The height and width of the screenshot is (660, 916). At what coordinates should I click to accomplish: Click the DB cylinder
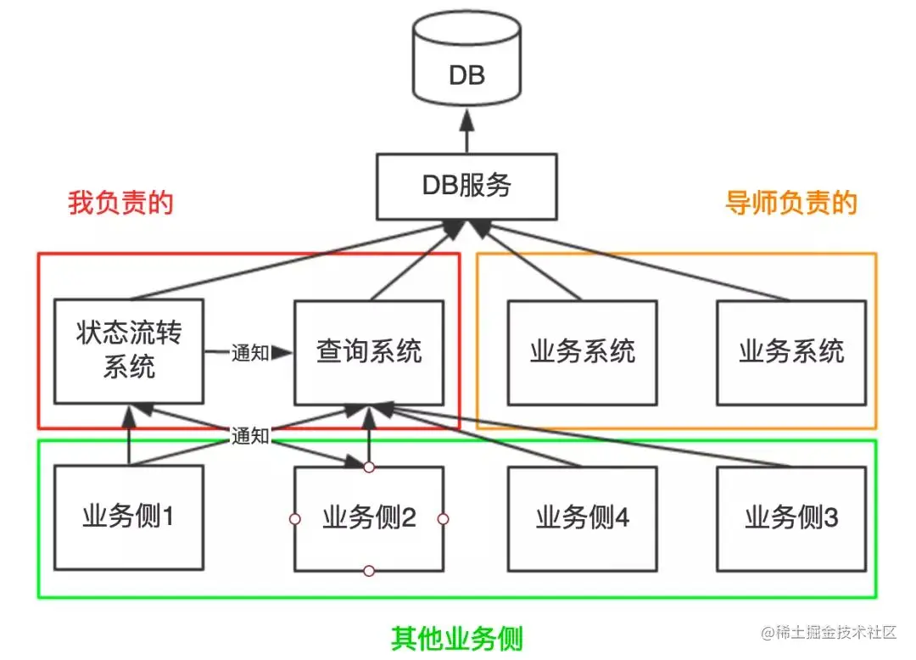click(x=466, y=64)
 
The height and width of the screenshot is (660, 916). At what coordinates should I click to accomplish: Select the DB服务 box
click(x=466, y=185)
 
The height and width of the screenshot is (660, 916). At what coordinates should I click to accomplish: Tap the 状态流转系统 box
click(x=129, y=351)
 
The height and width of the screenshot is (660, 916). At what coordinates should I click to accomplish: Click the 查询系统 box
click(x=369, y=351)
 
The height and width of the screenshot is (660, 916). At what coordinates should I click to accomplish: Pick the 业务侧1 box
click(x=129, y=517)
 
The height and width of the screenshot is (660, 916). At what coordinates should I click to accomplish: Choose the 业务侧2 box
click(x=369, y=518)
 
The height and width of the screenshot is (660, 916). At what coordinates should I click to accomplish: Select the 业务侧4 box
click(x=582, y=517)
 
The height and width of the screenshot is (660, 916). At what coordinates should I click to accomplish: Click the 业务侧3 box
click(x=790, y=517)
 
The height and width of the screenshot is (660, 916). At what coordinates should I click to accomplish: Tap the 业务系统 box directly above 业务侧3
click(x=790, y=351)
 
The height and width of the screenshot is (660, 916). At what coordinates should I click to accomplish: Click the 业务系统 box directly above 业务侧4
click(x=582, y=351)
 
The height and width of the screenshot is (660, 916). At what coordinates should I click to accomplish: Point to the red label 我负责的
click(x=120, y=204)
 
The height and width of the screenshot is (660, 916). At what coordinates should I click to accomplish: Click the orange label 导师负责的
click(x=790, y=204)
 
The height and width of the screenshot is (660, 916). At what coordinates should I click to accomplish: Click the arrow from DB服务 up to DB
click(x=466, y=136)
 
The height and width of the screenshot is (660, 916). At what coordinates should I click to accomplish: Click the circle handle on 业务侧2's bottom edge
click(x=369, y=571)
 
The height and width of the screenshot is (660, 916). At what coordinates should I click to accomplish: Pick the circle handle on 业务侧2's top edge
click(x=369, y=467)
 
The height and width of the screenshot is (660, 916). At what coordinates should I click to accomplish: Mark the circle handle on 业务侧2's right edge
click(x=443, y=518)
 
